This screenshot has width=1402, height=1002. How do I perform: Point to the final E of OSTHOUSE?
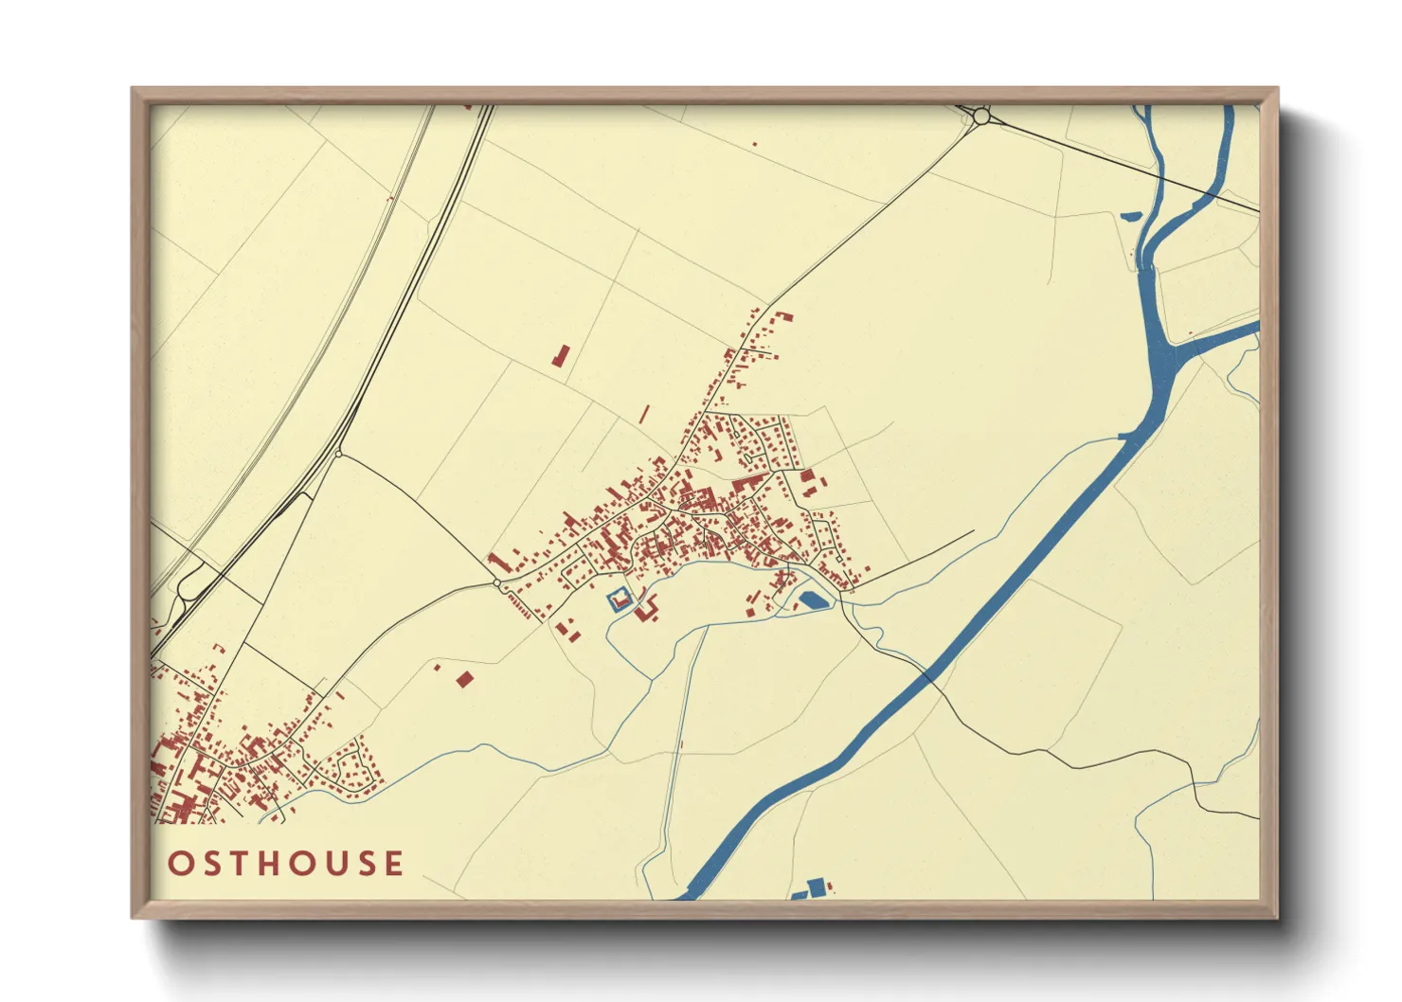(x=394, y=863)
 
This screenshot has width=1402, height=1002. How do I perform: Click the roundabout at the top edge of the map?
(x=981, y=116)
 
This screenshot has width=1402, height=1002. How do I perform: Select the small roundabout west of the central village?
(x=498, y=583)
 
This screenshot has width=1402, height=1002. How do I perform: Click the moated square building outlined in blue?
(x=620, y=599)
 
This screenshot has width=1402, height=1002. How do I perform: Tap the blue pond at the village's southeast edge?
(x=813, y=599)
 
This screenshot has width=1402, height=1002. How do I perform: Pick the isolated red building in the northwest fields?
(x=561, y=356)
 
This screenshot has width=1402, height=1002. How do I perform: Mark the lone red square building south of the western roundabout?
(x=464, y=678)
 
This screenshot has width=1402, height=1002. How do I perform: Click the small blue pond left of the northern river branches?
(x=1129, y=215)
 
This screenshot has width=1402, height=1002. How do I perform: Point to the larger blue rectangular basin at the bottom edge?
(x=816, y=887)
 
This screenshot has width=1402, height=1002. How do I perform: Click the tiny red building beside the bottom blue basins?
(x=833, y=886)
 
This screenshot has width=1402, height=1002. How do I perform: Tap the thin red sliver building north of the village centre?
(x=645, y=414)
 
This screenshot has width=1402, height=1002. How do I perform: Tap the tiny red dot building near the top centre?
(x=755, y=144)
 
